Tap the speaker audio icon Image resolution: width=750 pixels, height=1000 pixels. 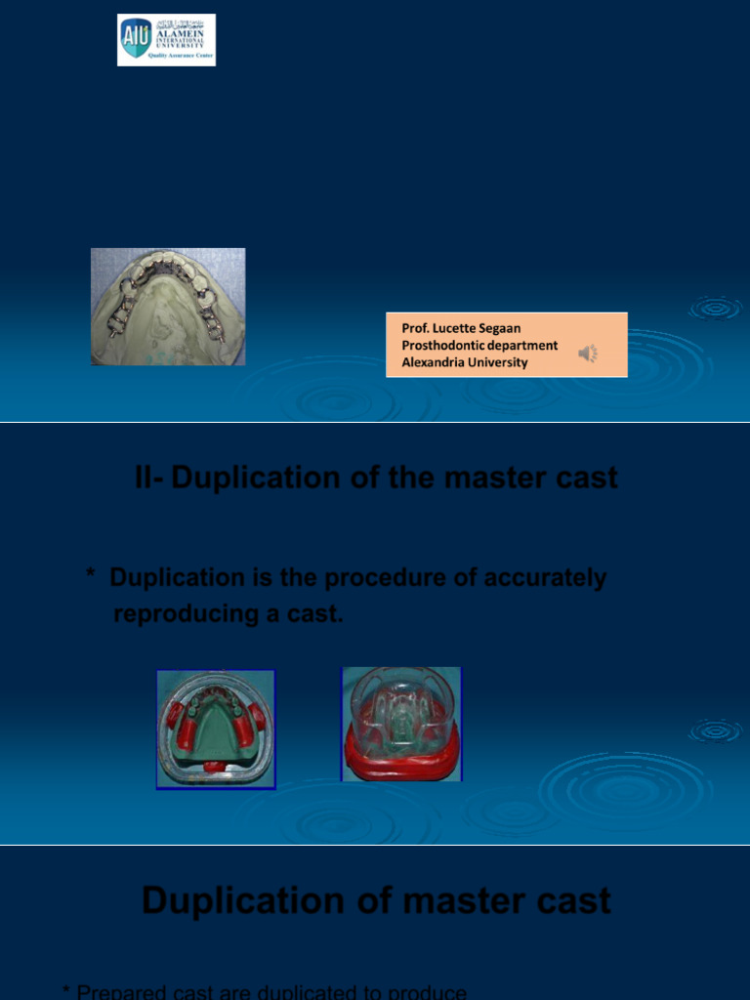587,354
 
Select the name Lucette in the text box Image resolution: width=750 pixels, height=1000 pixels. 456,329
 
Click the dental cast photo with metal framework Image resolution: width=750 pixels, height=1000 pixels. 168,307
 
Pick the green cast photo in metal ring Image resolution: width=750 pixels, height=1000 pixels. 216,729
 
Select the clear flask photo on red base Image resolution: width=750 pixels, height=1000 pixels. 401,724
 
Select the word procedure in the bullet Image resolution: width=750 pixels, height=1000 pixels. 383,578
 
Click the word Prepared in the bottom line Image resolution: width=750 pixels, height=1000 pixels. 121,992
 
